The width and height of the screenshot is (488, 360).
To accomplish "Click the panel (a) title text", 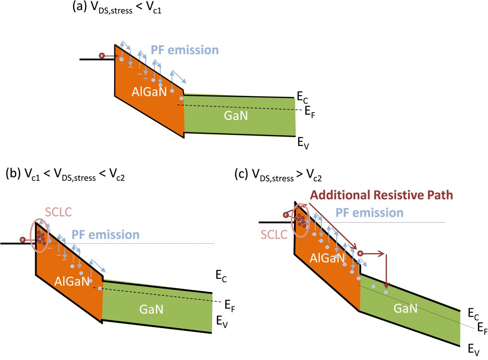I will pyautogui.click(x=117, y=8).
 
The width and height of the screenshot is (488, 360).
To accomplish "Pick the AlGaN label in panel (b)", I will pyautogui.click(x=71, y=280).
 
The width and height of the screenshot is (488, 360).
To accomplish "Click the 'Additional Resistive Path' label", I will pyautogui.click(x=381, y=195).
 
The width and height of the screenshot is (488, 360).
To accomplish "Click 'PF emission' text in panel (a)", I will pyautogui.click(x=185, y=50).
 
